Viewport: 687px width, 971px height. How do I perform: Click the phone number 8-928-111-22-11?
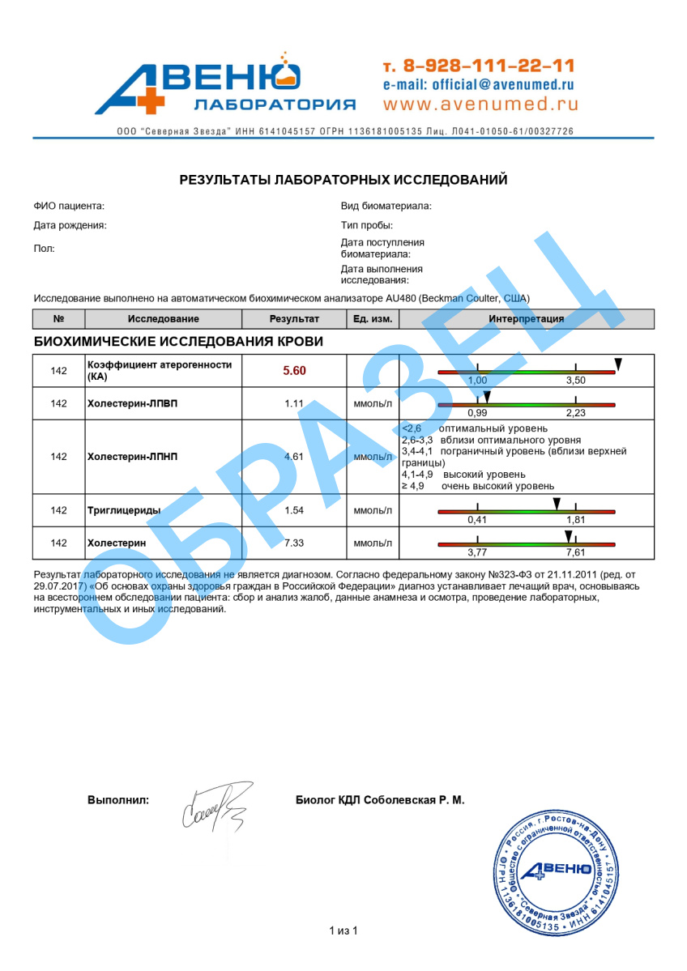[489, 66]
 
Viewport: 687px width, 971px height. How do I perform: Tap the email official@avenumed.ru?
[479, 84]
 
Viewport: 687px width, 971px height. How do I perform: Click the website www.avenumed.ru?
[480, 104]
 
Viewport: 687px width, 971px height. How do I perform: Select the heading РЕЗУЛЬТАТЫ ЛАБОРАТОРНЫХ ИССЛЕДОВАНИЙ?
[343, 180]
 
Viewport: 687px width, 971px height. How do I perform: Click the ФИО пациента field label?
[70, 207]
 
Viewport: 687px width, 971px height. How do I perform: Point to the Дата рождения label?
[70, 226]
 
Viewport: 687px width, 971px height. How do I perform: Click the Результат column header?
[294, 319]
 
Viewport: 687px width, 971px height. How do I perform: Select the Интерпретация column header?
[527, 319]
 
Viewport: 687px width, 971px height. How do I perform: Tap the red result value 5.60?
[294, 371]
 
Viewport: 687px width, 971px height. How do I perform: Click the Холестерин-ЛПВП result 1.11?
[294, 403]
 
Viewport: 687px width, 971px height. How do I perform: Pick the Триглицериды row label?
[123, 510]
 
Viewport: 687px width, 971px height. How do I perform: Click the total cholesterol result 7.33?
[294, 543]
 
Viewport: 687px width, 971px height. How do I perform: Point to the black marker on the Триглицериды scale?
[557, 504]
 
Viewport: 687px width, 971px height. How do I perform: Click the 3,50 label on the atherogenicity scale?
[575, 381]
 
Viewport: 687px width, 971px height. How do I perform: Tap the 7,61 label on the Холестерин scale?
[575, 552]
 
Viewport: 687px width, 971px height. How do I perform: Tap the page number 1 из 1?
[343, 931]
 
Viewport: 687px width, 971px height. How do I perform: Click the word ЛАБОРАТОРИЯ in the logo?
[275, 104]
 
